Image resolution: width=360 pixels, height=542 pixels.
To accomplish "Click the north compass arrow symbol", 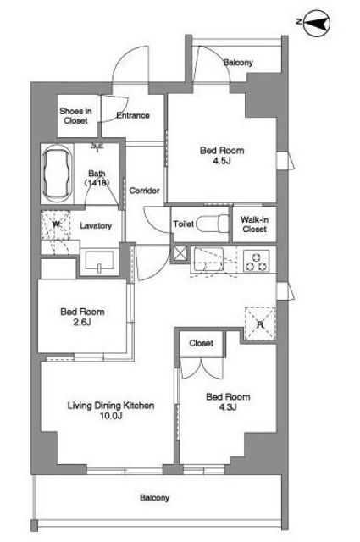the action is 316,24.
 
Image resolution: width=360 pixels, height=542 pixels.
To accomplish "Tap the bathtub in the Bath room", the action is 57,174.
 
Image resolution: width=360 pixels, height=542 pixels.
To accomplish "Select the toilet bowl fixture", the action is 213,224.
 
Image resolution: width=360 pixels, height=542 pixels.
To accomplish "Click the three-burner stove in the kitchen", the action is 257,262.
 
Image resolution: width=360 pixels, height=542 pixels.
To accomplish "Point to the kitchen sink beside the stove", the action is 208,260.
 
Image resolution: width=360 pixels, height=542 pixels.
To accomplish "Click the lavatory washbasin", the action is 100,262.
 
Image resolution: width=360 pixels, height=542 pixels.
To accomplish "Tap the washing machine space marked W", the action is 56,225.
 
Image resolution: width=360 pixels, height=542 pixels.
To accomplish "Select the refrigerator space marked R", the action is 260,324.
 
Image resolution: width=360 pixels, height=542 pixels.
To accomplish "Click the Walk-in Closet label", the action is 254,224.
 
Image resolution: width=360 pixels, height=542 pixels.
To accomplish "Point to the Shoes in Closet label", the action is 75,116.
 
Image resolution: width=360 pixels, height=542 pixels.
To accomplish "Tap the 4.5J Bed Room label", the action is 222,156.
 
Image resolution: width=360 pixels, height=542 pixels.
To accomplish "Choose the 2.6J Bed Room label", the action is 82,317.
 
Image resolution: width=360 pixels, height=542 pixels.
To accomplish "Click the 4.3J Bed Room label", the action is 228,401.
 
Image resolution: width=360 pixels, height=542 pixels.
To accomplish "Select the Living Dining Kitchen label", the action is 111,410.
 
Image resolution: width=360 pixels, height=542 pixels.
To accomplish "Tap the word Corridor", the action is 144,191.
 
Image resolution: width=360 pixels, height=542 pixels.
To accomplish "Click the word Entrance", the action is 133,115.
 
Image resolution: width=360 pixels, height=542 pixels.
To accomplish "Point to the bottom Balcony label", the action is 154,498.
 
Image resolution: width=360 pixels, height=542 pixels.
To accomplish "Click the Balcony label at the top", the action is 238,63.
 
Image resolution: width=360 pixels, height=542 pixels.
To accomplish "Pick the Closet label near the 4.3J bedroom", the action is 202,343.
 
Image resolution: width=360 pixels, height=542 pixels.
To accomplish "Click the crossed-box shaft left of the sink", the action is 180,254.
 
